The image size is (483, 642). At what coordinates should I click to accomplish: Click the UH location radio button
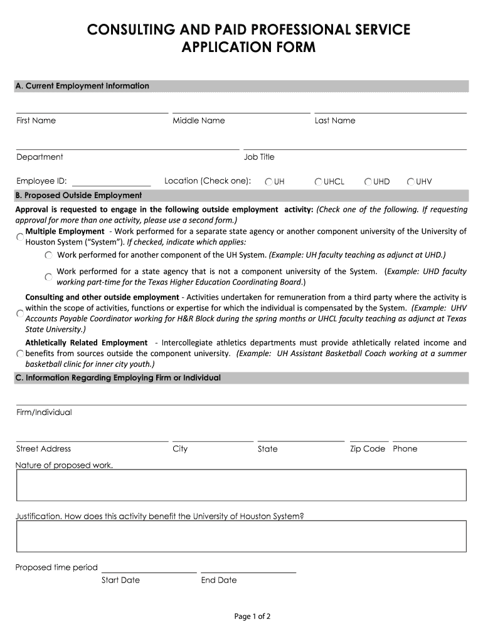(268, 182)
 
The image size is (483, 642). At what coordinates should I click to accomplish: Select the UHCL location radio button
(319, 182)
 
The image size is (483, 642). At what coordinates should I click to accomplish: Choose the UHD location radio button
(368, 182)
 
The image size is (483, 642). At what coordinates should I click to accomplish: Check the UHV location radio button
(411, 182)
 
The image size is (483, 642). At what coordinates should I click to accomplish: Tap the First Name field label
(36, 120)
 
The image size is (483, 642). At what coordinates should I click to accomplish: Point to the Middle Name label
(198, 120)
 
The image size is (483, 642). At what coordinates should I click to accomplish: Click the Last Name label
(334, 120)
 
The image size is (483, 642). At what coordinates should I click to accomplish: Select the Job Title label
(259, 157)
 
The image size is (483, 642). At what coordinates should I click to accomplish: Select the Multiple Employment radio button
(20, 236)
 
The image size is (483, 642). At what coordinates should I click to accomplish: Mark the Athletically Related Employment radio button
(20, 354)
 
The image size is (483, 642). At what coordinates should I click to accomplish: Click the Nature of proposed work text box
(241, 485)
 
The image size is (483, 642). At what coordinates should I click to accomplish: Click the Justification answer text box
(241, 536)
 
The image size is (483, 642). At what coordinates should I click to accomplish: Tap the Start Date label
(120, 580)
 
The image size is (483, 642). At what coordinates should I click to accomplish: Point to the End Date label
(219, 580)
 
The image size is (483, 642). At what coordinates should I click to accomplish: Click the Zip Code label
(368, 449)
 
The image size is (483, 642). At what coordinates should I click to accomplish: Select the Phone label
(405, 449)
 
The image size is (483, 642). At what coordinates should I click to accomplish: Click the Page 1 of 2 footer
(252, 616)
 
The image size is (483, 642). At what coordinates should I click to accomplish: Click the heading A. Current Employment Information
(82, 86)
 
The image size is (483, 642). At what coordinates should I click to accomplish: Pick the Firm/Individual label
(44, 413)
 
